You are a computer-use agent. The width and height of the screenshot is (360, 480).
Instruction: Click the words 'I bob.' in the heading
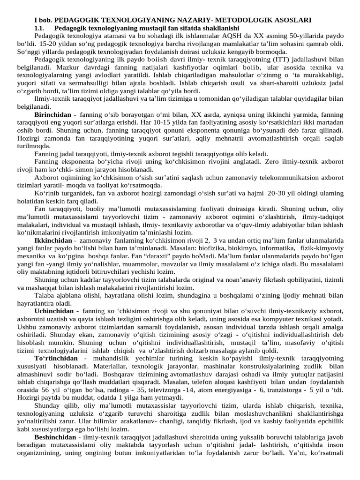[x=44, y=20]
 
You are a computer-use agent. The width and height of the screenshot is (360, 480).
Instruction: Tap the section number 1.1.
[x=41, y=28]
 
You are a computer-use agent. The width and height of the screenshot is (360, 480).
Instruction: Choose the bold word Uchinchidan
[x=54, y=311]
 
